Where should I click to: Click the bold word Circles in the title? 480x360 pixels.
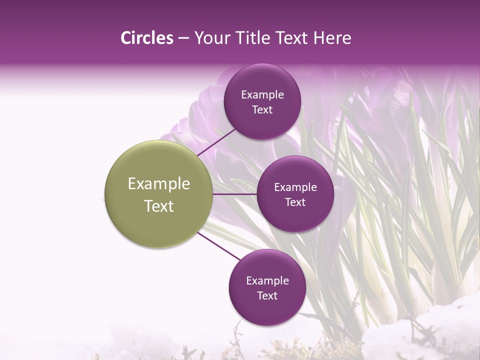tap(146, 38)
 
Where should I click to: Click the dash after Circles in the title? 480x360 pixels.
tap(183, 38)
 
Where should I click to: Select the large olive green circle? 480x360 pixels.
tap(158, 194)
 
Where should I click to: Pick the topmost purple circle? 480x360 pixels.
tap(262, 102)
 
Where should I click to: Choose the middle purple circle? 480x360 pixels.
tap(295, 194)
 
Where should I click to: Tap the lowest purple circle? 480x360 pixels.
tap(267, 287)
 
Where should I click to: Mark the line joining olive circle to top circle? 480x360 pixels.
tap(216, 142)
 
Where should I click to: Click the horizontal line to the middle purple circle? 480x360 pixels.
tap(234, 194)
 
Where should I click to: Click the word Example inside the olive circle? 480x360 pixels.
tap(159, 183)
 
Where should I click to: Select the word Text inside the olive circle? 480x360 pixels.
tap(159, 206)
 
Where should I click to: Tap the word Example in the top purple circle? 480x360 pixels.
tap(262, 95)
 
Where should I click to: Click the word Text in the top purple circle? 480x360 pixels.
tap(262, 110)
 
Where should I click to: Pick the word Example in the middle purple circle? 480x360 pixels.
tap(295, 187)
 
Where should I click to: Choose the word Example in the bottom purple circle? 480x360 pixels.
tap(267, 280)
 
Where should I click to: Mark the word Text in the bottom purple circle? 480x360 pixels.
tap(267, 295)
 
